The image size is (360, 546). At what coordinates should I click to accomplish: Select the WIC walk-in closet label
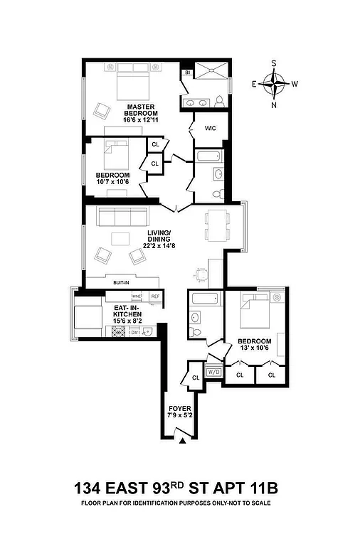coord(210,129)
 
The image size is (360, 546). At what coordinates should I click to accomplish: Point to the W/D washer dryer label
coord(213,373)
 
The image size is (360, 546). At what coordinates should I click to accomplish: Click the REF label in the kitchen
coord(155,296)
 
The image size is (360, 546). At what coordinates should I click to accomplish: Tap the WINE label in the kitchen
coord(137,296)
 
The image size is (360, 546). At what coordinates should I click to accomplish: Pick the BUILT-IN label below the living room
coord(120,282)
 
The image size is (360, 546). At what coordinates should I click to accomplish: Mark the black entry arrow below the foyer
coord(183,442)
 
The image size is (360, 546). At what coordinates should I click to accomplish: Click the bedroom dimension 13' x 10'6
coord(255,348)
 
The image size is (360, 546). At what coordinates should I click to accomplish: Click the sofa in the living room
coord(121,216)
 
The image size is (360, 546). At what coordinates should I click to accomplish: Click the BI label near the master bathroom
coord(187,73)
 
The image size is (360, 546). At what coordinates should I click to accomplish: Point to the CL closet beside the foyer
coord(194,378)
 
